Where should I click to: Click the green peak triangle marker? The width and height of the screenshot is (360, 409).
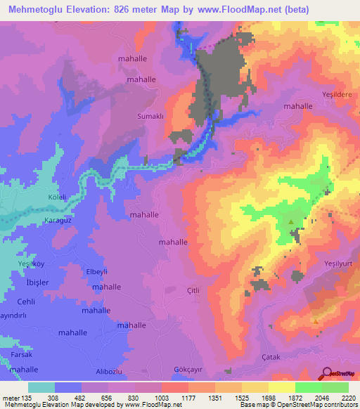click(290, 222)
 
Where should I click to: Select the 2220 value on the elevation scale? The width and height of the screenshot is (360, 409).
click(349, 398)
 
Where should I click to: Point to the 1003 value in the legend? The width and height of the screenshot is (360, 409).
click(148, 398)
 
